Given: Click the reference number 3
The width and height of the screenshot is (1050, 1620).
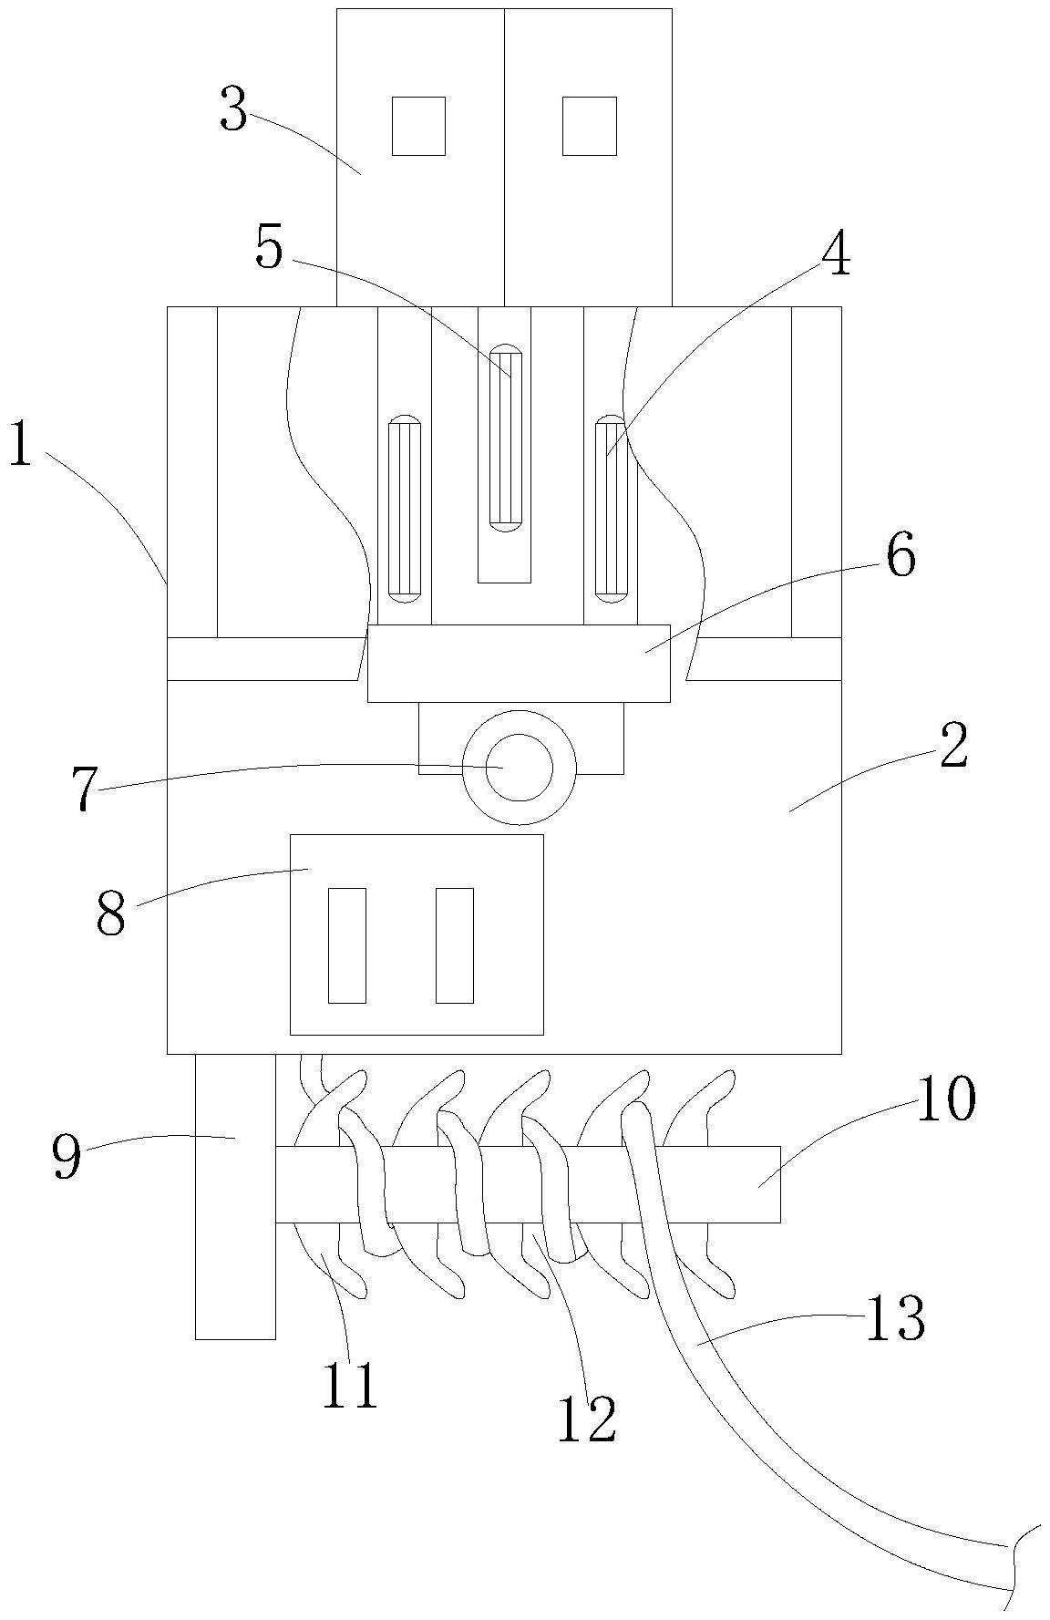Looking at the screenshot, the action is (234, 112).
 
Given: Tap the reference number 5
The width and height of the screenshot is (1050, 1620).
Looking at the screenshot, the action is (270, 248).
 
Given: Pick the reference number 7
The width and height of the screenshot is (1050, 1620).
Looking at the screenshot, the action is (85, 789).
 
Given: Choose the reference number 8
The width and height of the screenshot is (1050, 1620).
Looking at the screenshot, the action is (110, 914).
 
